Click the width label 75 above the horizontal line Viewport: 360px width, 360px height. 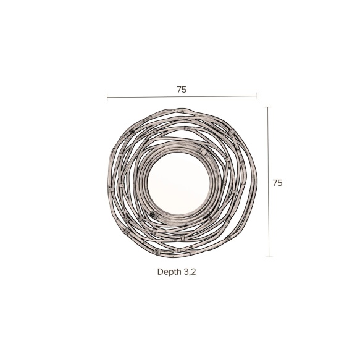(x=182, y=90)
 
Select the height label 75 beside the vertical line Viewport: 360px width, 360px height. (x=277, y=183)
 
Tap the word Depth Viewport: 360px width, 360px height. (x=169, y=272)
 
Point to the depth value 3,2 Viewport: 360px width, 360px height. (x=190, y=272)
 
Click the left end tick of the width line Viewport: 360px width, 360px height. (x=107, y=97)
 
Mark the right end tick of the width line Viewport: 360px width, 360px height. (x=257, y=96)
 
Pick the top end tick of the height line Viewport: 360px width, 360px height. (x=268, y=107)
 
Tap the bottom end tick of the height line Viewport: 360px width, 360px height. (x=269, y=257)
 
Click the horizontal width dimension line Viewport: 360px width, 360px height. (x=182, y=97)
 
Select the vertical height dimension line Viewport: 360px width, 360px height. (x=269, y=182)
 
